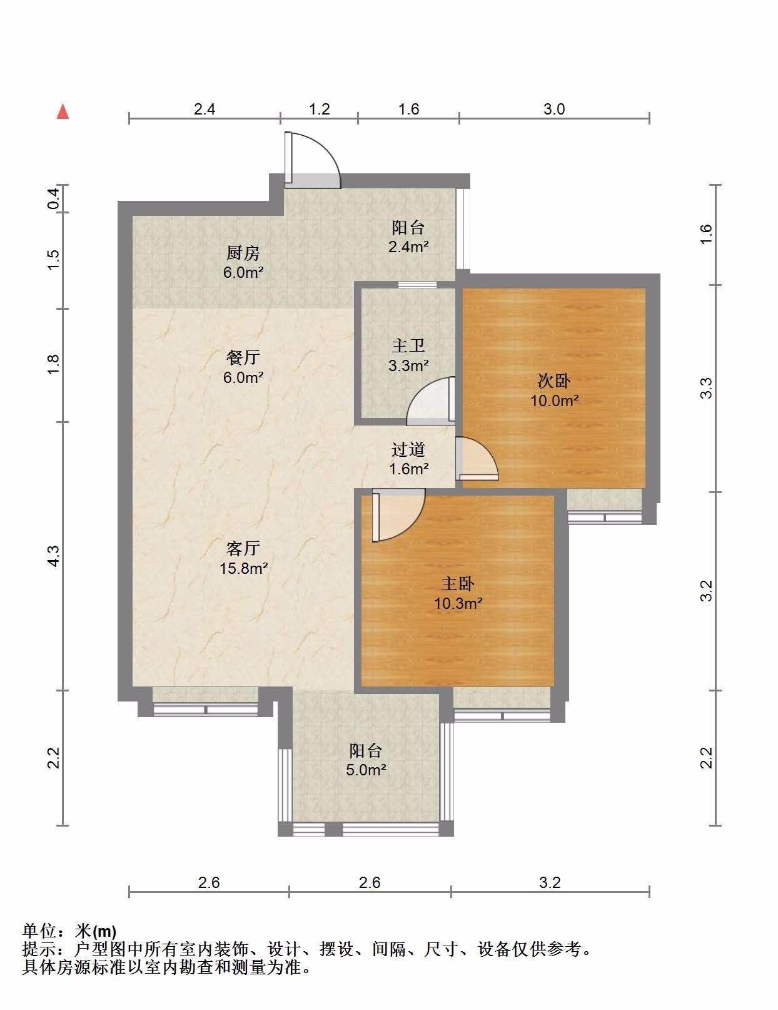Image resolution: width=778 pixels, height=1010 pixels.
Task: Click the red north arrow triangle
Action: pos(63,112)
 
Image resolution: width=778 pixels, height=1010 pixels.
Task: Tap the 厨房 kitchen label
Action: pos(243,253)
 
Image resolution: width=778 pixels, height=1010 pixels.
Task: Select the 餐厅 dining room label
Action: pos(243,358)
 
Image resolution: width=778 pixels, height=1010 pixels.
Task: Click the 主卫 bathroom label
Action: pos(408,346)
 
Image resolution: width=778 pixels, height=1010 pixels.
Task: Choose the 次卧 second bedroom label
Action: pos(554,380)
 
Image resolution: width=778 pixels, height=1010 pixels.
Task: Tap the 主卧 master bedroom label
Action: pos(458,583)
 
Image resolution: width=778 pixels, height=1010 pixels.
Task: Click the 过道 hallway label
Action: pos(408,449)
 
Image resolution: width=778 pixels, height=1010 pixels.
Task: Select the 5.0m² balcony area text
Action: pos(366,770)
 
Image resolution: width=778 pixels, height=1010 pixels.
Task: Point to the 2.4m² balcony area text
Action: pos(408,247)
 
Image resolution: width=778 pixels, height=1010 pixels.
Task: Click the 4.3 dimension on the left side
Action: pos(54,556)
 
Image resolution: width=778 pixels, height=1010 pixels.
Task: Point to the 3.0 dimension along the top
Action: pos(554,110)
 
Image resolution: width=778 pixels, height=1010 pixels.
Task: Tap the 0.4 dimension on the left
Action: pos(54,198)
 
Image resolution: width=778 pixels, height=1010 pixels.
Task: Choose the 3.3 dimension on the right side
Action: pos(706,388)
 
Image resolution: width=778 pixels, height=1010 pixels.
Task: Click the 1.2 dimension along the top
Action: pos(320,110)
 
